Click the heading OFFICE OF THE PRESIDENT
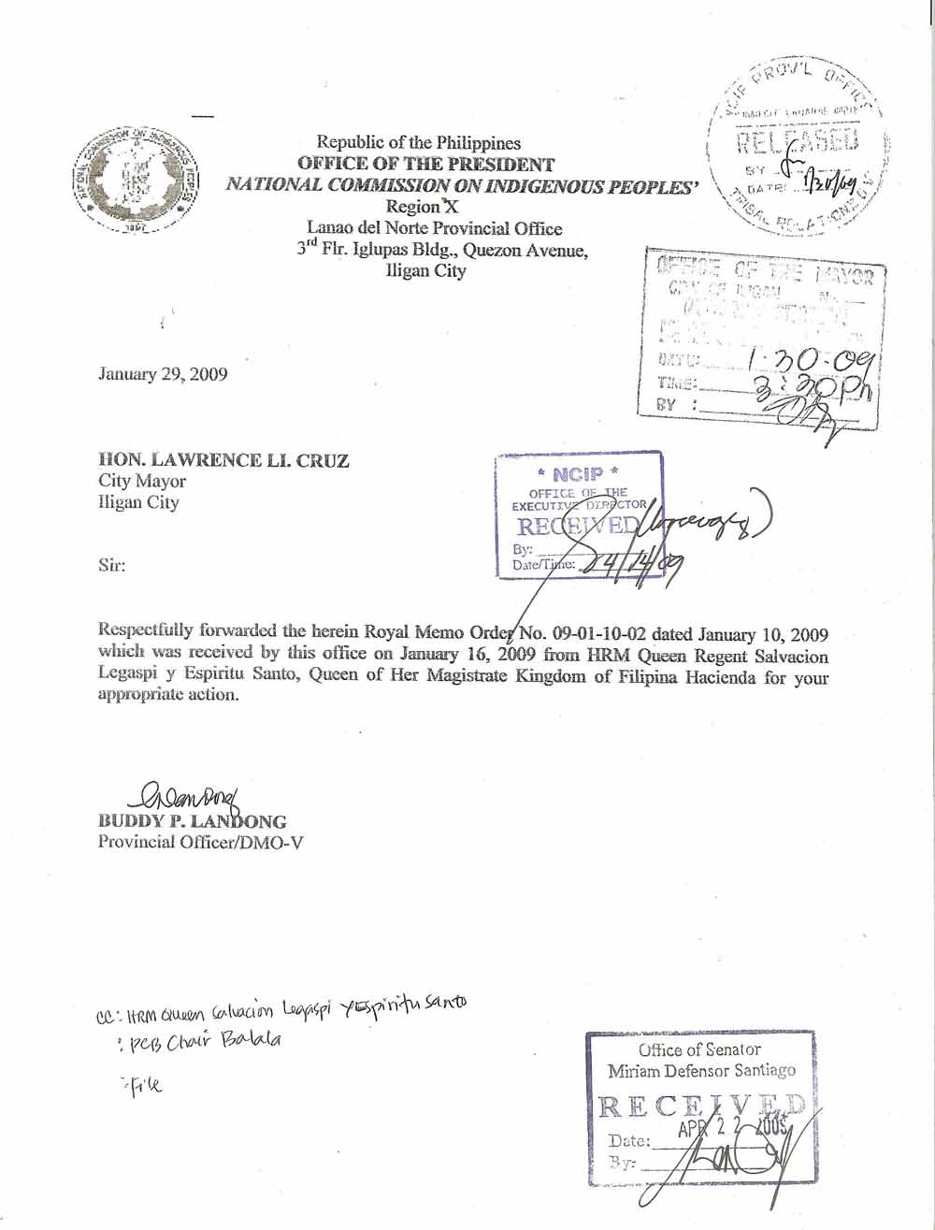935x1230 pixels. click(x=425, y=164)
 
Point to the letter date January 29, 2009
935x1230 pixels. click(x=163, y=374)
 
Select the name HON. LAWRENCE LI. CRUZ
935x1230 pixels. click(x=223, y=459)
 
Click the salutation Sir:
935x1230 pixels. click(x=112, y=565)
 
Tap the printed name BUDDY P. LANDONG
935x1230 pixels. click(x=193, y=821)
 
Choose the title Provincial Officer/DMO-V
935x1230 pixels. click(x=200, y=842)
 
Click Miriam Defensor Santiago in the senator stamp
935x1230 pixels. click(x=701, y=1070)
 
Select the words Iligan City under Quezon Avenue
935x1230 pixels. click(x=425, y=271)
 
